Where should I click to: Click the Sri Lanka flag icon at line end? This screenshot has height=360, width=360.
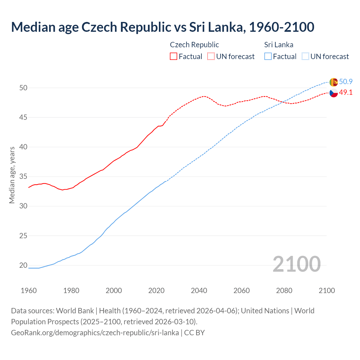[333, 82]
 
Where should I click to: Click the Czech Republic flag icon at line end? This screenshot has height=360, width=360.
[334, 93]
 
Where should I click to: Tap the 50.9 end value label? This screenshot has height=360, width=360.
[346, 82]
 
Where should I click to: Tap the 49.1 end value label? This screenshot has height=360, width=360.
[346, 93]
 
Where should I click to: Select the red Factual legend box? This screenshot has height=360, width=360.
[174, 56]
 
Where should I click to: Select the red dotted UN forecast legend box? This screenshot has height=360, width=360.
[211, 56]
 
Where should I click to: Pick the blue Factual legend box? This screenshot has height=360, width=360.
[268, 56]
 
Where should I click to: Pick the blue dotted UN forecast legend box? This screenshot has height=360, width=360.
[305, 56]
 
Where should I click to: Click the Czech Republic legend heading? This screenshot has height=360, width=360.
[194, 45]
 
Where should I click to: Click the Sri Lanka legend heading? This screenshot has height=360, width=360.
[279, 45]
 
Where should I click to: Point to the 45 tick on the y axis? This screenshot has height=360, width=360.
[23, 117]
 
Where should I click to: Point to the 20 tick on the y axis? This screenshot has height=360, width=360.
[23, 265]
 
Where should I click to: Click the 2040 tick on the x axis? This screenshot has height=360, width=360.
[199, 291]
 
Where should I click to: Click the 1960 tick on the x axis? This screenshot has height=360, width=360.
[29, 291]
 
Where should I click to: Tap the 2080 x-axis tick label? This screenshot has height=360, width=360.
[284, 291]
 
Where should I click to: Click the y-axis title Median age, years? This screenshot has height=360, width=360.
[12, 175]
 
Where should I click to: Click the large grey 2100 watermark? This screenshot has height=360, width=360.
[296, 264]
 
